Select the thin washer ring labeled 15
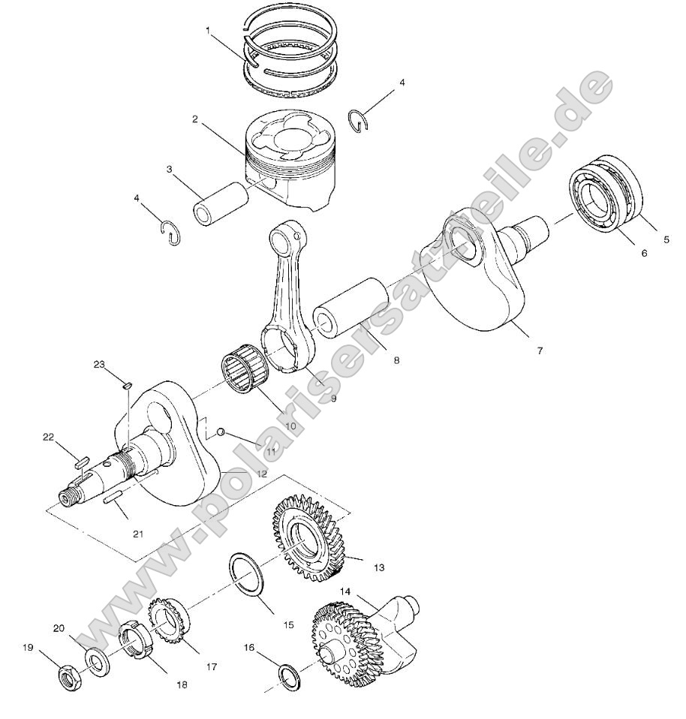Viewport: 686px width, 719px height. tap(248, 574)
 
